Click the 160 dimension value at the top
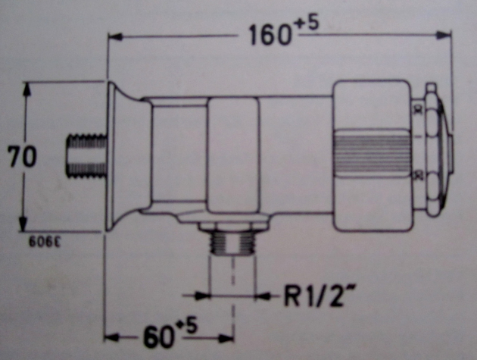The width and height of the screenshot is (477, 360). pos(269,34)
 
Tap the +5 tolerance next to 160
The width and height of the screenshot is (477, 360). pos(307,25)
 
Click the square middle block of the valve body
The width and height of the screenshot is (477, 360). pos(232,155)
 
